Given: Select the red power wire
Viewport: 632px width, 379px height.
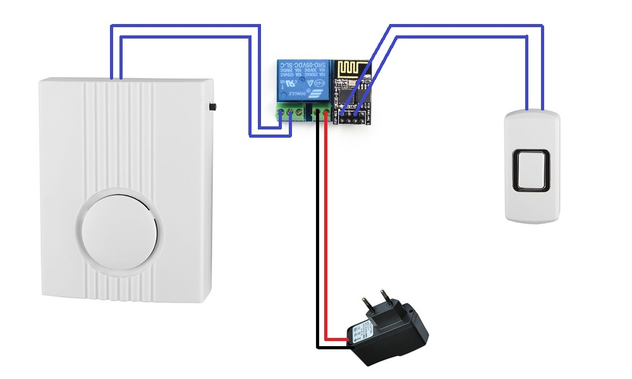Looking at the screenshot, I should tap(325, 227).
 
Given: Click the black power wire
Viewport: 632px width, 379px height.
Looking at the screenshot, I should tap(317, 227).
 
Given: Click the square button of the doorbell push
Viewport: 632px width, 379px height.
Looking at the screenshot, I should tap(531, 169).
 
